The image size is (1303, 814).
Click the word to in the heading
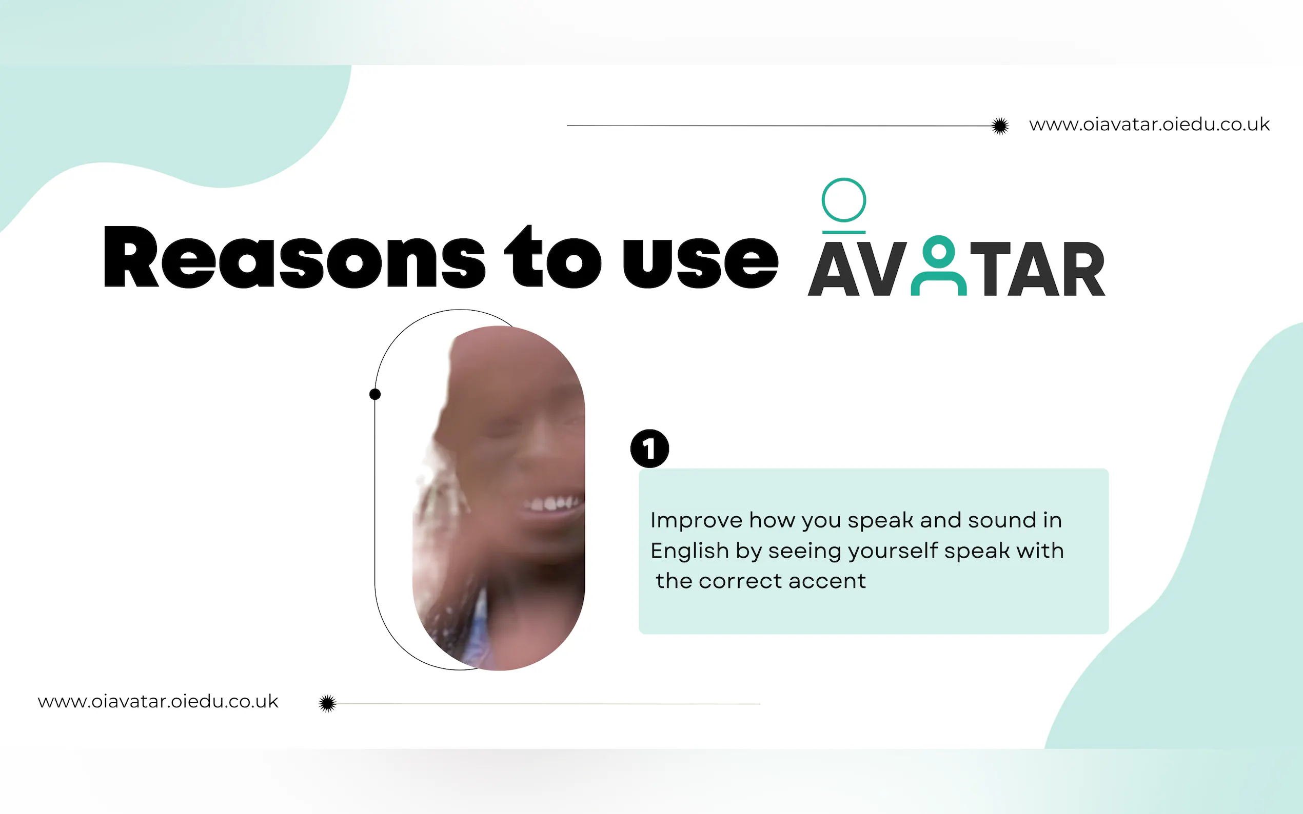click(x=552, y=257)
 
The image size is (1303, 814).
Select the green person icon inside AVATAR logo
click(x=939, y=266)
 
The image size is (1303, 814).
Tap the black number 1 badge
click(x=649, y=449)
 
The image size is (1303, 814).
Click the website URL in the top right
click(x=1150, y=125)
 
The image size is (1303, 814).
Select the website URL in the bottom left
click(x=158, y=701)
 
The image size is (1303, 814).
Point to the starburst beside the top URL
click(x=1000, y=126)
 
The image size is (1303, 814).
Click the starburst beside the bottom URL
click(x=327, y=703)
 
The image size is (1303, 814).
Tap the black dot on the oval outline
click(x=375, y=395)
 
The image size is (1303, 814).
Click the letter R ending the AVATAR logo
click(x=1083, y=269)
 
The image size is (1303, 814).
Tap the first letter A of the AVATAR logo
click(x=834, y=269)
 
